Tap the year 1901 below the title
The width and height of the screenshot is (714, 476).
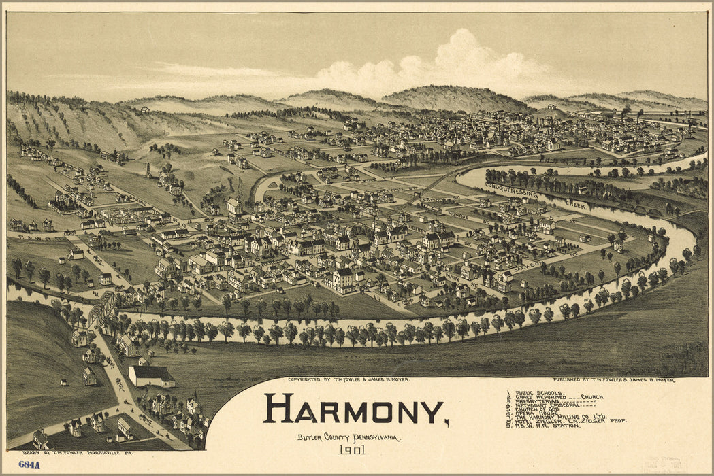tap(352, 449)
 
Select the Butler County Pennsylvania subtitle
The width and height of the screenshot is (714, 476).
tap(349, 437)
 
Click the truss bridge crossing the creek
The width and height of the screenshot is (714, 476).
tap(102, 309)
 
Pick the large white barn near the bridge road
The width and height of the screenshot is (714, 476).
tap(151, 375)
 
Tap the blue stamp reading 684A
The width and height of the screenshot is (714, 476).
tap(29, 464)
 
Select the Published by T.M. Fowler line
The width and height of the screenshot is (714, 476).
tap(614, 380)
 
